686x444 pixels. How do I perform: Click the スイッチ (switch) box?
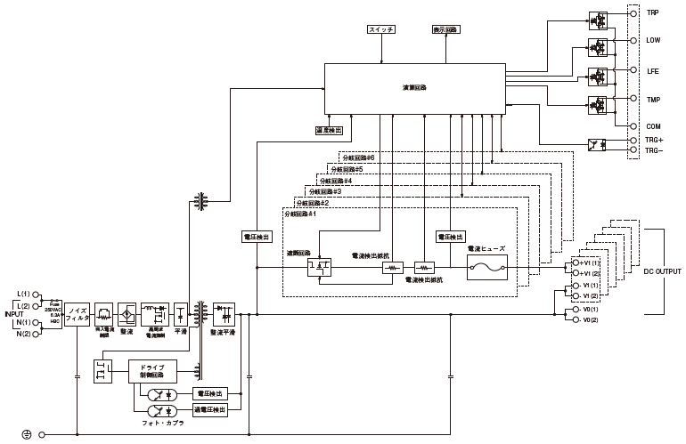(380, 29)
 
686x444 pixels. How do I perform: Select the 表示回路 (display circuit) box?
(445, 29)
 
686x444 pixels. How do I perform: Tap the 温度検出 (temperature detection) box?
(329, 130)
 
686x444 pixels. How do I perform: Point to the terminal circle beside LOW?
(634, 41)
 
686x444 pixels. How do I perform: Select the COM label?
(653, 127)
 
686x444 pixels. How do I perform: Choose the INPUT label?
(12, 313)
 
